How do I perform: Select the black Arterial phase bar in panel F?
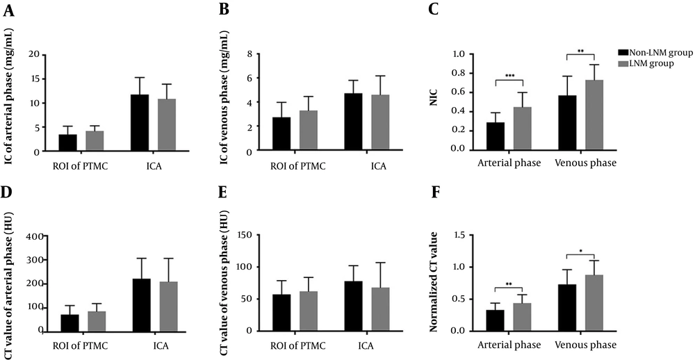(x=494, y=320)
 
